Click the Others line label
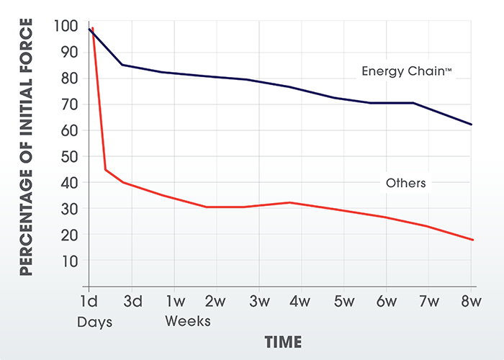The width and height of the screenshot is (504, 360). [x=405, y=183]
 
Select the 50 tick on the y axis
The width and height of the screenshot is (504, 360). [x=68, y=156]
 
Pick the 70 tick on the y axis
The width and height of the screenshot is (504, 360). [x=68, y=104]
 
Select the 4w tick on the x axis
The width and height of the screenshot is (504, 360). [x=301, y=300]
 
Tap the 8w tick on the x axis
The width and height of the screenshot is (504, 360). [x=472, y=300]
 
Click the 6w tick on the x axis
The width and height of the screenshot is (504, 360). [x=387, y=300]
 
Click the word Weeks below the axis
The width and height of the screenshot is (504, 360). [x=187, y=321]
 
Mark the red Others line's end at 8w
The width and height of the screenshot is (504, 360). [x=472, y=240]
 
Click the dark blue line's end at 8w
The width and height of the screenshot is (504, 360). [x=472, y=125]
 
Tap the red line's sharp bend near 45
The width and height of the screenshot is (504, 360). [x=105, y=170]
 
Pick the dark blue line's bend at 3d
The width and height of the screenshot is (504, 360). [x=122, y=65]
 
